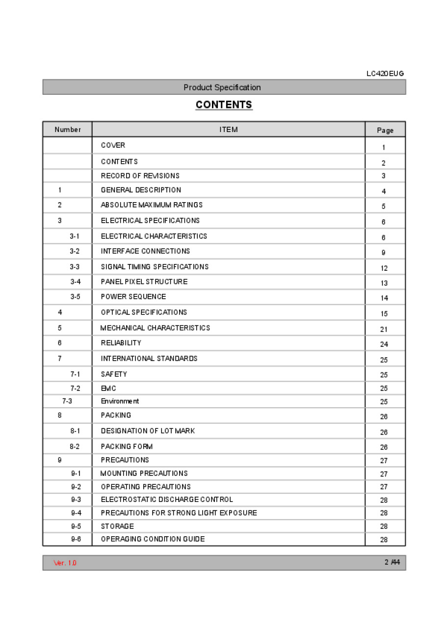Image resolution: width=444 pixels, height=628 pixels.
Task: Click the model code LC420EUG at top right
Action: pos(385,74)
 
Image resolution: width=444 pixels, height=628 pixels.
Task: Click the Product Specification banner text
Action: pos(222,87)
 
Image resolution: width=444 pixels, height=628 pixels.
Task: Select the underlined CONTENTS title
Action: pos(224,105)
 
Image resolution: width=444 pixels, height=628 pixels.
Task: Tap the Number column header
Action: pos(68,130)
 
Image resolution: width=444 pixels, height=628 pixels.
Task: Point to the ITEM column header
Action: pos(229,130)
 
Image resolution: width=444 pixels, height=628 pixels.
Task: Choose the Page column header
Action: pos(385,130)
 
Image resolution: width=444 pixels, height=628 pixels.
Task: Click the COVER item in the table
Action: pos(113,145)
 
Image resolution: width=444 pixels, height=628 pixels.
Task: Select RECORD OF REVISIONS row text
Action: pos(140,176)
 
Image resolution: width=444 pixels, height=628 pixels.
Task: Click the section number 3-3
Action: pos(75,267)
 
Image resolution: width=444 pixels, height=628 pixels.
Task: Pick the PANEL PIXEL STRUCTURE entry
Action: pos(144,282)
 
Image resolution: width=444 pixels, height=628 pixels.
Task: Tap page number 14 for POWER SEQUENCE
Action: pos(384,298)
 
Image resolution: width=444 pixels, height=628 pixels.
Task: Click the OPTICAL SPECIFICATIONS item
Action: pos(144,312)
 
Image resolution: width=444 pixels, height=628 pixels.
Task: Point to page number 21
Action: pos(384,329)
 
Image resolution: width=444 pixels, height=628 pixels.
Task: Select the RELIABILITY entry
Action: pos(121,343)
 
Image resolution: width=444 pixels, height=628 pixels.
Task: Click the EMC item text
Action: pos(108,388)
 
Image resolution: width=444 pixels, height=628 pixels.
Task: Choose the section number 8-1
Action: pos(75,431)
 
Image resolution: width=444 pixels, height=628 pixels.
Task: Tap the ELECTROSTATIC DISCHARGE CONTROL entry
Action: pos(167,499)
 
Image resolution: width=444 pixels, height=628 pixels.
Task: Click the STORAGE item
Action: pos(117,526)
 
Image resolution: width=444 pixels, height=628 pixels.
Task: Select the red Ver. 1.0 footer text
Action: pos(65,563)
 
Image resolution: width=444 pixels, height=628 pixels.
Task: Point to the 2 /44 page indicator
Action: pos(392,562)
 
